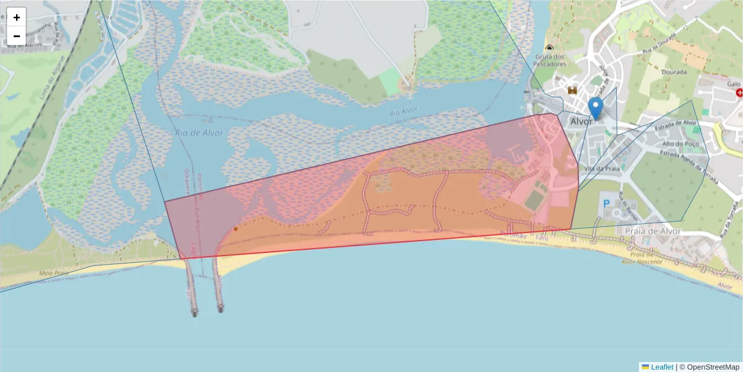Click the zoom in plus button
pos(17,17)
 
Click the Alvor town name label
pos(581,122)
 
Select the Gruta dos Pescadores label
pos(550,60)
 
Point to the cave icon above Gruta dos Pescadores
pos(549,47)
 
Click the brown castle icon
pos(572,91)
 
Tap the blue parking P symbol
pos(607,203)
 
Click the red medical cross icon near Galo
pos(739,92)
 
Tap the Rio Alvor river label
pos(404,112)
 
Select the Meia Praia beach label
pos(53,273)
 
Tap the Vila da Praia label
pos(597,168)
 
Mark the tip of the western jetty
pos(194,314)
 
